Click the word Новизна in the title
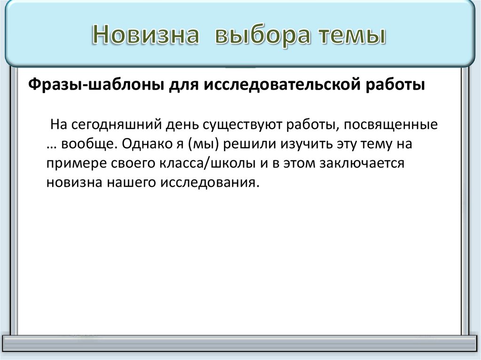(146, 36)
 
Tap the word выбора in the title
(261, 36)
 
